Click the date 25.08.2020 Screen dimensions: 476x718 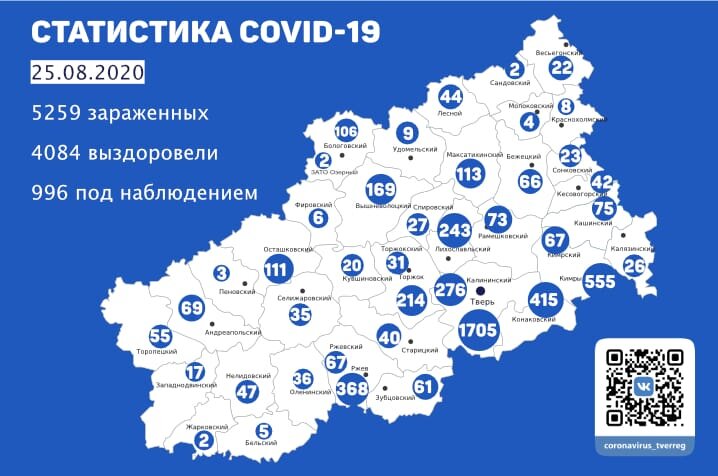[x=88, y=73]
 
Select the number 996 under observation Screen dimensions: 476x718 [x=52, y=191]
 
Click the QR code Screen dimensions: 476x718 [x=645, y=386]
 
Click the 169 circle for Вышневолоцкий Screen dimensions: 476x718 [x=380, y=187]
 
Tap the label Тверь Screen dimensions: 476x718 [x=480, y=301]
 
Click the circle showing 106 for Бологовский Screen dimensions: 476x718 [x=346, y=132]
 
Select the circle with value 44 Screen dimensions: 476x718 [x=451, y=97]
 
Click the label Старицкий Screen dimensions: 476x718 [x=424, y=351]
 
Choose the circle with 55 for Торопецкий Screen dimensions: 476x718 [x=160, y=335]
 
